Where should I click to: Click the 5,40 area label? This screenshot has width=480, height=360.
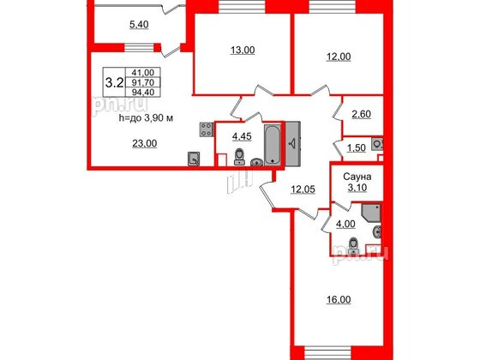[x=139, y=26]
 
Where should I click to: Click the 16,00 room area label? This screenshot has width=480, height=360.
[x=338, y=301]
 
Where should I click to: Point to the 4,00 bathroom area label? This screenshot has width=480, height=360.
[x=344, y=225]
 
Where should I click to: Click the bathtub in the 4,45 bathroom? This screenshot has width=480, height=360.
[x=272, y=145]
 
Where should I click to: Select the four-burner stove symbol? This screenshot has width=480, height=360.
[x=207, y=129]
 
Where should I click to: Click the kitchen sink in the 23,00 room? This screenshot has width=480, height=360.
[x=195, y=157]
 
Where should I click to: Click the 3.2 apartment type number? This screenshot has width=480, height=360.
[x=112, y=83]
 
